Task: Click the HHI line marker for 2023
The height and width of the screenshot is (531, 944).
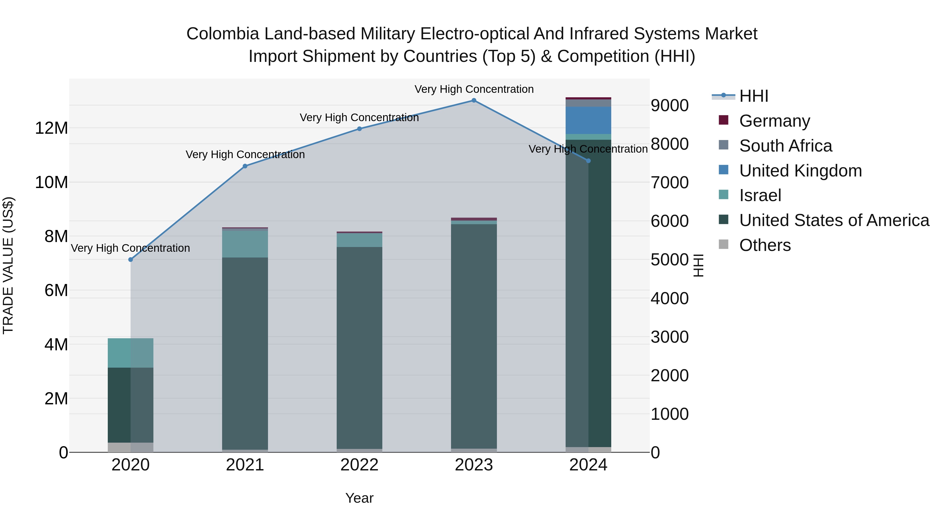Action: point(474,100)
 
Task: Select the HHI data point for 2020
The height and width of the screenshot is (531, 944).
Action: point(131,259)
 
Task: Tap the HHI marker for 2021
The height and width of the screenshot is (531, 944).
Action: point(245,166)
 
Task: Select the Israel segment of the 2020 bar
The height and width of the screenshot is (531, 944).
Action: point(131,353)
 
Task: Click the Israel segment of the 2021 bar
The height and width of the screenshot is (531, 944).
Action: point(245,244)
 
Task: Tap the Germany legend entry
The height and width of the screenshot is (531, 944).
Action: point(774,121)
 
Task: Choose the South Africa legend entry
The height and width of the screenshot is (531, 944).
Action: point(785,146)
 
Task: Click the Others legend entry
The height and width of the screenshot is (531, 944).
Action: point(765,245)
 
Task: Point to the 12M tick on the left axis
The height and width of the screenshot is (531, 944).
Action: point(51,128)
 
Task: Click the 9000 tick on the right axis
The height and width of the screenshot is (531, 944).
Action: point(669,105)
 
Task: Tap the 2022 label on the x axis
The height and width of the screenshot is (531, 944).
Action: point(359,465)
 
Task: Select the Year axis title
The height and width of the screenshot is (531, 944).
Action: point(359,498)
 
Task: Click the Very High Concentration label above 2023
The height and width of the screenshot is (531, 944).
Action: point(474,89)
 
